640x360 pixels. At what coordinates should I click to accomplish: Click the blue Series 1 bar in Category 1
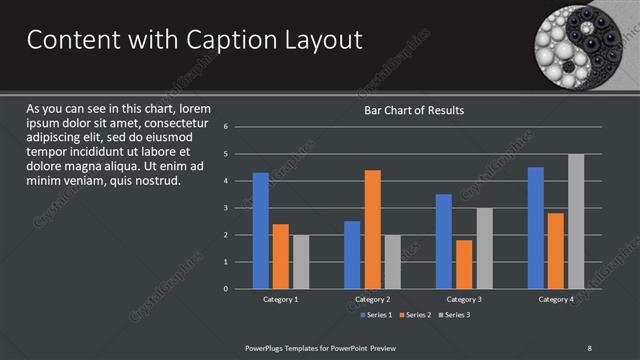coord(261,231)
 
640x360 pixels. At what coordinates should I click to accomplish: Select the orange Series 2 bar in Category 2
coord(372,230)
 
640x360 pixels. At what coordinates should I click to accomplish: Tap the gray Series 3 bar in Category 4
coord(576,221)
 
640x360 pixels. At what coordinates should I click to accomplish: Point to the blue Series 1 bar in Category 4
coord(536,228)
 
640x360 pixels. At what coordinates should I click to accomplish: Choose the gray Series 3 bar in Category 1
coord(301,262)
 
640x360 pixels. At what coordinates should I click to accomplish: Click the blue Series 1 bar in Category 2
coord(352,255)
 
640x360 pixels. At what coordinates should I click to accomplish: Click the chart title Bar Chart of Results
coord(414,110)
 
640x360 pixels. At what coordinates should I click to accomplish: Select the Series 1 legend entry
coord(376,315)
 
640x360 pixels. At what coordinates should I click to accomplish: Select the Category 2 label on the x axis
coord(372,299)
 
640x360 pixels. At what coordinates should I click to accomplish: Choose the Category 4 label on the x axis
coord(556,299)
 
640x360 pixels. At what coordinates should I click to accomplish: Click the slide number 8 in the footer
coord(589,347)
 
